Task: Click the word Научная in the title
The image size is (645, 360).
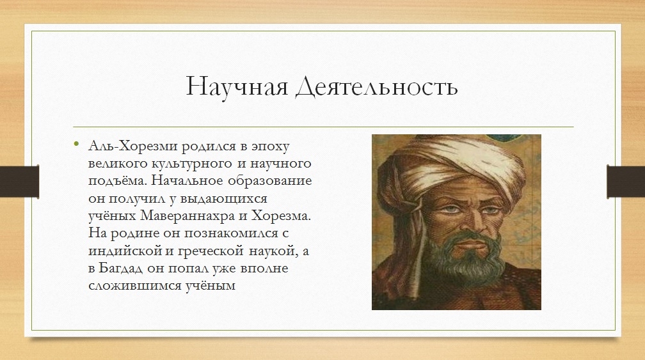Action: pos(237,86)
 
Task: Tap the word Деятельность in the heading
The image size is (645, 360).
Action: pos(377,87)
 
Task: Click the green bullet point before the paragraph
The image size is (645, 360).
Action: pos(76,143)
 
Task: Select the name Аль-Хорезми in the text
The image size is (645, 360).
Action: pos(133,146)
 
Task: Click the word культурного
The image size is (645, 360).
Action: pos(192,164)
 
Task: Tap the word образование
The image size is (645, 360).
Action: pos(270,181)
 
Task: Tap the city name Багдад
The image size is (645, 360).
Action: pos(121,269)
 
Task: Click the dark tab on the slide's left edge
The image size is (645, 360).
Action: pos(20,181)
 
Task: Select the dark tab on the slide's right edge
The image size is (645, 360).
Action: pos(626,181)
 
